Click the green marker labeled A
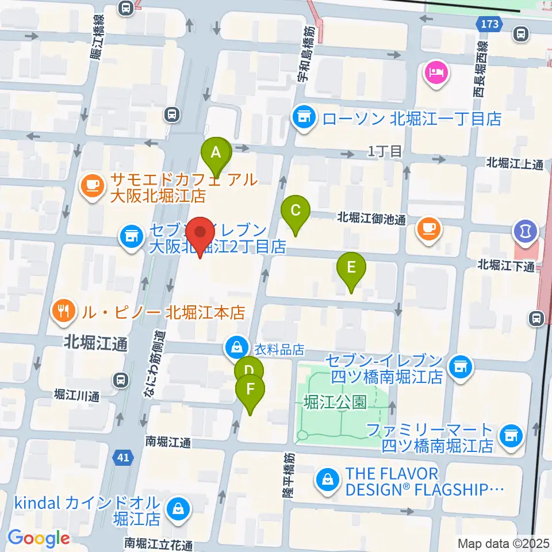(x=216, y=154)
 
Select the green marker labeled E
(x=351, y=267)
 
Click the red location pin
(x=200, y=233)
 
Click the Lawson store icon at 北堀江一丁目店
(x=305, y=119)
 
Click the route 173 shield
(x=490, y=24)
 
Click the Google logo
(x=39, y=538)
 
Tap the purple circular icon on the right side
(x=526, y=232)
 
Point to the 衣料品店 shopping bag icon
(x=236, y=346)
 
